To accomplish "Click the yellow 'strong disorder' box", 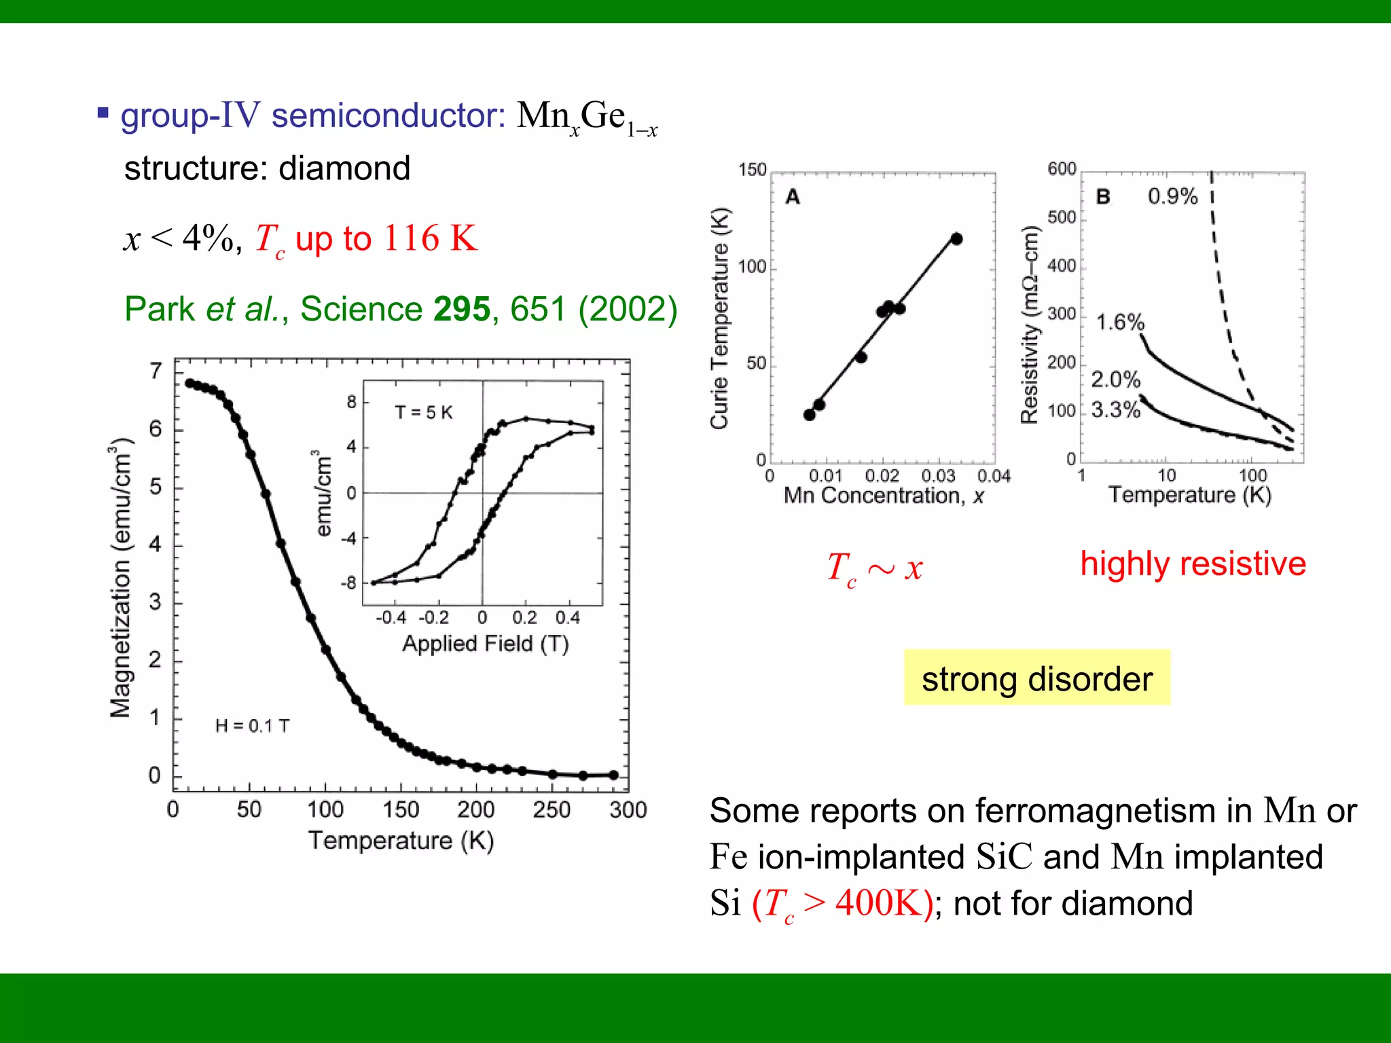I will pyautogui.click(x=1036, y=678).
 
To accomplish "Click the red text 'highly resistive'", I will pyautogui.click(x=1193, y=564).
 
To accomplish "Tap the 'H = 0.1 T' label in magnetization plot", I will pyautogui.click(x=252, y=726).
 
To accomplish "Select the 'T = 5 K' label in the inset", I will pyautogui.click(x=424, y=412).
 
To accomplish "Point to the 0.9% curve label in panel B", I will pyautogui.click(x=1172, y=196).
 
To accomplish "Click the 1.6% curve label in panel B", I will pyautogui.click(x=1120, y=322).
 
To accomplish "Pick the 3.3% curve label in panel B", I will pyautogui.click(x=1115, y=409).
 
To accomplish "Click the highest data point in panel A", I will pyautogui.click(x=956, y=238).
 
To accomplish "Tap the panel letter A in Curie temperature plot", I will pyautogui.click(x=793, y=197).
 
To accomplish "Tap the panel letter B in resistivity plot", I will pyautogui.click(x=1103, y=197).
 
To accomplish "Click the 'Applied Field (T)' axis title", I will pyautogui.click(x=485, y=643).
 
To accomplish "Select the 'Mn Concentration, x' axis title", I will pyautogui.click(x=884, y=496).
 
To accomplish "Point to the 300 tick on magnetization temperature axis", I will pyautogui.click(x=628, y=809).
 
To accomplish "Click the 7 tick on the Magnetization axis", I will pyautogui.click(x=156, y=371).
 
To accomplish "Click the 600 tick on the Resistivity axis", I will pyautogui.click(x=1062, y=168).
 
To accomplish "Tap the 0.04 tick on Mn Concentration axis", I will pyautogui.click(x=994, y=476).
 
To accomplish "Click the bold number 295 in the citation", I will pyautogui.click(x=462, y=309).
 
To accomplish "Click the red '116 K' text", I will pyautogui.click(x=431, y=238).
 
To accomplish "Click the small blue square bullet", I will pyautogui.click(x=103, y=113).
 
